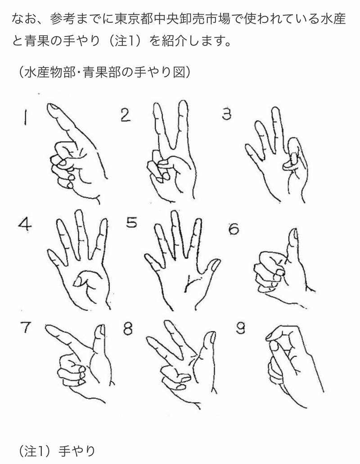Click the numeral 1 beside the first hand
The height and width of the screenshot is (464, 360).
tap(26, 117)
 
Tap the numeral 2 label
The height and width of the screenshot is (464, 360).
tap(126, 115)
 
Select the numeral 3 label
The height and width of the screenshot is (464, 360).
tap(226, 114)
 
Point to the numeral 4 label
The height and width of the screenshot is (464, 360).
tap(24, 225)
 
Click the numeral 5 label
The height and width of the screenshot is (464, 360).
tap(131, 222)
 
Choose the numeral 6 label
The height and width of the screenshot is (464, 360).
tap(234, 229)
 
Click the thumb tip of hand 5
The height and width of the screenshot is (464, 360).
tap(215, 263)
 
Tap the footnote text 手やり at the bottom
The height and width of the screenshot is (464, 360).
tap(76, 451)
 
